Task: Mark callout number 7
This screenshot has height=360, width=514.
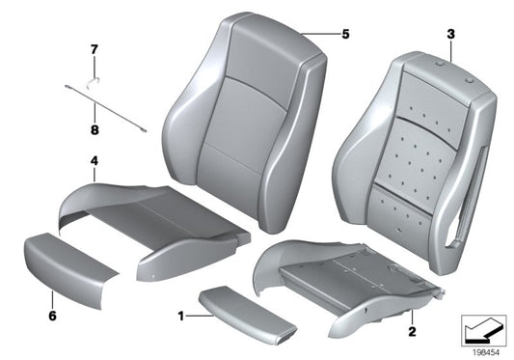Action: click(x=95, y=48)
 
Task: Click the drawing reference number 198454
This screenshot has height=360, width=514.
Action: click(x=484, y=351)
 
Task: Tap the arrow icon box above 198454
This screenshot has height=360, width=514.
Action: click(x=484, y=328)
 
